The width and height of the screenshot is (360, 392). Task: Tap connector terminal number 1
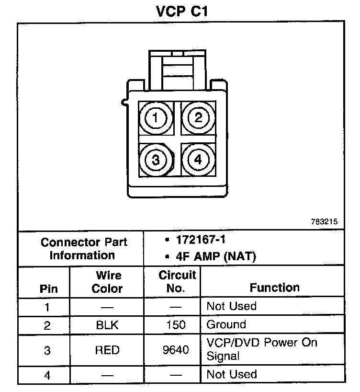pyautogui.click(x=155, y=117)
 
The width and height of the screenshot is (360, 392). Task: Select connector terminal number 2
pyautogui.click(x=198, y=117)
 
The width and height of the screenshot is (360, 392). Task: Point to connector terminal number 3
pyautogui.click(x=155, y=160)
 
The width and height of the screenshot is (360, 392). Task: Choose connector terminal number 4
pyautogui.click(x=198, y=160)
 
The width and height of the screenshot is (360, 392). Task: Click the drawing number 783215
pyautogui.click(x=324, y=222)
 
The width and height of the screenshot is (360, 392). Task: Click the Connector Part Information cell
pyautogui.click(x=82, y=248)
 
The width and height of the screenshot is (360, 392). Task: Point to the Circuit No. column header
pyautogui.click(x=176, y=282)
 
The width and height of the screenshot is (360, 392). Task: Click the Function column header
pyautogui.click(x=275, y=288)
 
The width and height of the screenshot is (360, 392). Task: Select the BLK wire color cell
pyautogui.click(x=107, y=325)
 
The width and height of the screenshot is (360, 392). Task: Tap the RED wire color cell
pyautogui.click(x=107, y=350)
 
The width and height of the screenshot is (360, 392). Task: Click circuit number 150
pyautogui.click(x=176, y=325)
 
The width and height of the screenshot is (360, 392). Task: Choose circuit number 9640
pyautogui.click(x=176, y=350)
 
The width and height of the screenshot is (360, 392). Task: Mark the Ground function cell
pyautogui.click(x=226, y=324)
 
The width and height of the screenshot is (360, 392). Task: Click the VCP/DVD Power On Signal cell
pyautogui.click(x=261, y=349)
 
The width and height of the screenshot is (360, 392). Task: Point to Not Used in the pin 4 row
pyautogui.click(x=231, y=374)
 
